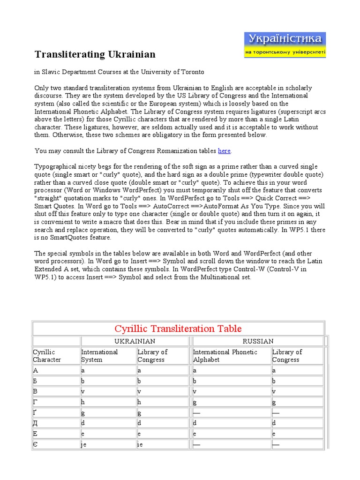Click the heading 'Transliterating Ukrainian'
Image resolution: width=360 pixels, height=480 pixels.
click(95, 54)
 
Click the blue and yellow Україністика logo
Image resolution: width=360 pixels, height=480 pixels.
click(285, 45)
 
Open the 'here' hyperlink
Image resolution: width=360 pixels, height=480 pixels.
click(224, 151)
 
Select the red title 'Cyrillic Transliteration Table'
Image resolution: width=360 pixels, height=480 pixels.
click(178, 329)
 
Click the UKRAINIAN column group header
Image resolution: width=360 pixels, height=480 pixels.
click(135, 341)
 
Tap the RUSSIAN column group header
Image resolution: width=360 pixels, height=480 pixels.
click(258, 341)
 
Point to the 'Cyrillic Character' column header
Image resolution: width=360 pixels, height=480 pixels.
click(47, 356)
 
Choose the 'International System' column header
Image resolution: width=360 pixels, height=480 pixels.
click(99, 356)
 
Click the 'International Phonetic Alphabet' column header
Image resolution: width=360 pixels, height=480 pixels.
click(225, 356)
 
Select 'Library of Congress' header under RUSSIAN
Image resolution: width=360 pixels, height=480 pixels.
click(287, 356)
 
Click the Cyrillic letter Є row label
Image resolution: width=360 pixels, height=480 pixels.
click(36, 444)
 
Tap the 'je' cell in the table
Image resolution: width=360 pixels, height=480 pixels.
click(84, 444)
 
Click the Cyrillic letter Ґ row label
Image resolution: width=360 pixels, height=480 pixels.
click(36, 412)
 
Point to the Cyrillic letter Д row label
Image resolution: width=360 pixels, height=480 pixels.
click(36, 423)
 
